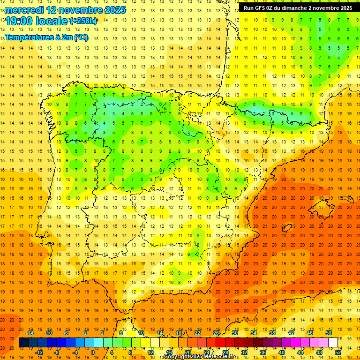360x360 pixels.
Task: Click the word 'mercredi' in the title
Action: [24, 10]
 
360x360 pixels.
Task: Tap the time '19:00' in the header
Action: [19, 21]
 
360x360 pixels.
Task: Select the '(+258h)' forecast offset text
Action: [83, 21]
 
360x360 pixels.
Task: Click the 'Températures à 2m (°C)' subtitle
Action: [46, 37]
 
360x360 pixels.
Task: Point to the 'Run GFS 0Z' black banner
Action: [298, 8]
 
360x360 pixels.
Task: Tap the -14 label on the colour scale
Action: [31, 333]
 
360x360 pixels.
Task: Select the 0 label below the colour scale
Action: [92, 352]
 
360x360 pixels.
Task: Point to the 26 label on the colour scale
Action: [216, 333]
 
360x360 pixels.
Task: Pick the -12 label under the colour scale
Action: [39, 352]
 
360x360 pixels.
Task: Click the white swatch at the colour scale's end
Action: [333, 343]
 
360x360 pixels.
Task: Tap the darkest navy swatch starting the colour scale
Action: [23, 343]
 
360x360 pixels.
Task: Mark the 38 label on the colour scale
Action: [272, 333]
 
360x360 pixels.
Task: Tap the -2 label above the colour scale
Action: [85, 333]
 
